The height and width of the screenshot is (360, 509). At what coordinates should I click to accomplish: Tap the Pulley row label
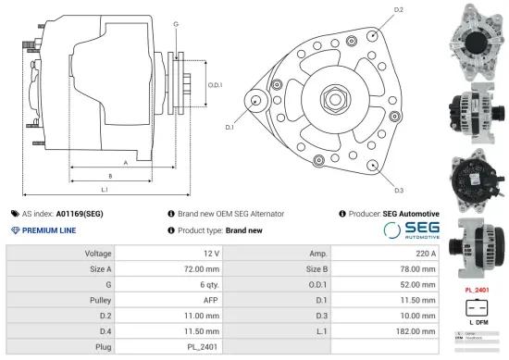99,301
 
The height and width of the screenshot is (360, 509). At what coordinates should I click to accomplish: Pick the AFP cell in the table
210,301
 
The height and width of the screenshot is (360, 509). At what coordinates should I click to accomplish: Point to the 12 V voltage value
211,253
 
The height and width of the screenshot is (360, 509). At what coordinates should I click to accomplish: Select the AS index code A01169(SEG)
80,213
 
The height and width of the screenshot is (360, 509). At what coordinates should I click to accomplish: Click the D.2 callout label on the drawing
399,9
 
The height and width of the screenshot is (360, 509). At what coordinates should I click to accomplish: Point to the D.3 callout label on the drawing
399,191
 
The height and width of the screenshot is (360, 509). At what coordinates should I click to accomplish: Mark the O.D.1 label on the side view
216,85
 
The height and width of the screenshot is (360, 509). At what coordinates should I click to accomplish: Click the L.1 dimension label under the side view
106,191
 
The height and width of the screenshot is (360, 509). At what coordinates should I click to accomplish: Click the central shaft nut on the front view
333,100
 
